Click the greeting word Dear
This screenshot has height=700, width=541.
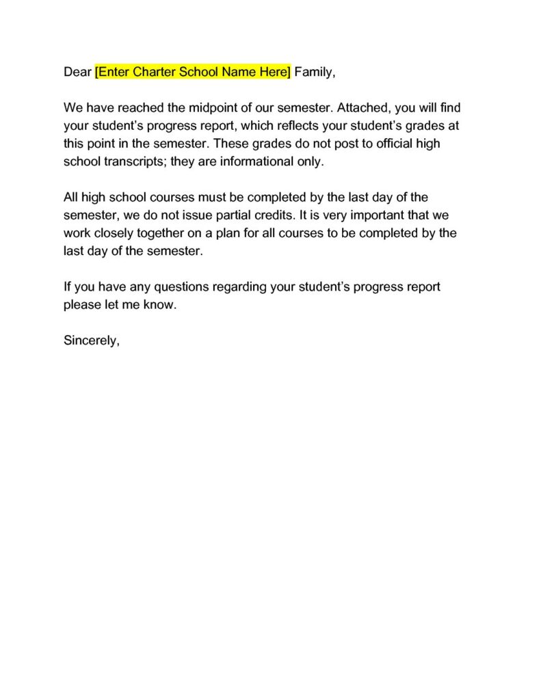(77, 72)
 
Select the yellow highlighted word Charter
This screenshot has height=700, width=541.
(150, 72)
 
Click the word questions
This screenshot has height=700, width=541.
(179, 286)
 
